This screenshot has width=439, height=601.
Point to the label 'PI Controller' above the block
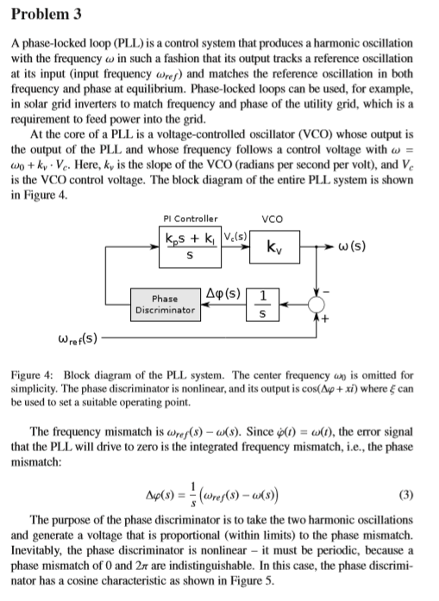190,218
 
